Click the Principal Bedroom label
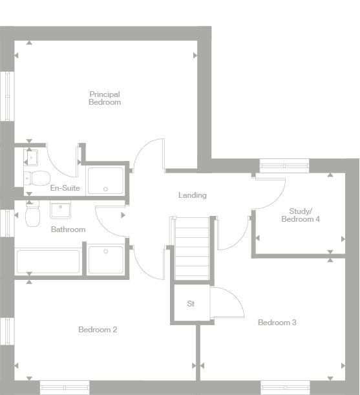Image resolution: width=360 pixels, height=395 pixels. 105,98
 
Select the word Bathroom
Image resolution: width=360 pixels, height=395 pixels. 68,230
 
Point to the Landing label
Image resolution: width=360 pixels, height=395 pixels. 193,195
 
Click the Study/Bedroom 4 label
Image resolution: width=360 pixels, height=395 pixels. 301,215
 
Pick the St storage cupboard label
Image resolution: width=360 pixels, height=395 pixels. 191,303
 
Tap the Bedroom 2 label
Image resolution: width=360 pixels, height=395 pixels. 98,330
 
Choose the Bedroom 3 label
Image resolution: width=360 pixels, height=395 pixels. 277,322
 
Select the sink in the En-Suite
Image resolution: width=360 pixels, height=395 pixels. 32,156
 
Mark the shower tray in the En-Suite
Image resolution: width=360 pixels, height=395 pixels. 105,180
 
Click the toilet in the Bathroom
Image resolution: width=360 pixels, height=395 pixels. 33,215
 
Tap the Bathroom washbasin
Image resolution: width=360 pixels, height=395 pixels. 61,210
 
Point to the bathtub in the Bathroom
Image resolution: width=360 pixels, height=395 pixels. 48,262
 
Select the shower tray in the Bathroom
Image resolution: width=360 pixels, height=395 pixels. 105,259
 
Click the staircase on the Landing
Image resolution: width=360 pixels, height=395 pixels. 191,249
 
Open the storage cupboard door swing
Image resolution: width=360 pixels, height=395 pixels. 227,303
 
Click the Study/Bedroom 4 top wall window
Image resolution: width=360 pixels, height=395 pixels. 285,165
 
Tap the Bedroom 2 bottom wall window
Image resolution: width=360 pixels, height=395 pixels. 65,387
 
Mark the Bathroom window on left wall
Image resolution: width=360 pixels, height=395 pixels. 6,222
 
